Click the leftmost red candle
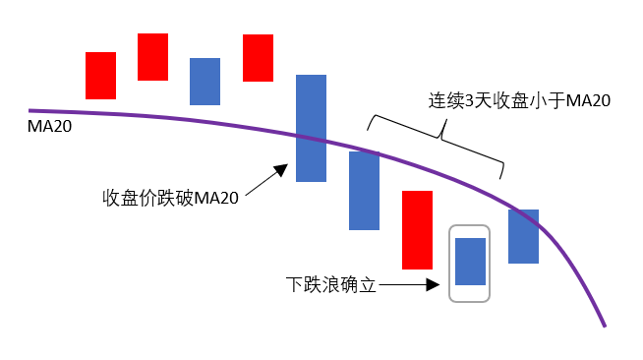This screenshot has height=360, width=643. [100, 76]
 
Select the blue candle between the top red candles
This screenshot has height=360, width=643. [205, 81]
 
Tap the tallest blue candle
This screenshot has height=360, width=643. [311, 128]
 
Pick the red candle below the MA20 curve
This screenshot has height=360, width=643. [417, 229]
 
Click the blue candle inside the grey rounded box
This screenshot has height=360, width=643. [471, 261]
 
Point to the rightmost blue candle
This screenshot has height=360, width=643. [523, 236]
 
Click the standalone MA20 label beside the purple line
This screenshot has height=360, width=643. [49, 128]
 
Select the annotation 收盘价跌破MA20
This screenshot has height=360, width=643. [170, 198]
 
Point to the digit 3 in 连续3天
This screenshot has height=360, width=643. [469, 100]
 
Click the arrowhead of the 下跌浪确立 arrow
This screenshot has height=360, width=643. [433, 285]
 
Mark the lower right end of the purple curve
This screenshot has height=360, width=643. [604, 326]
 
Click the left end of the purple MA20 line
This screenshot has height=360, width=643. [31, 110]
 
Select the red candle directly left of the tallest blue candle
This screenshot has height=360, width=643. [258, 57]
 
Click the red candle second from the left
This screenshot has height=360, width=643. [152, 57]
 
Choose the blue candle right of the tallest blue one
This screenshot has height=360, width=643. [364, 190]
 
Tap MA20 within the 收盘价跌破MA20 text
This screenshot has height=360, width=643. [216, 198]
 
